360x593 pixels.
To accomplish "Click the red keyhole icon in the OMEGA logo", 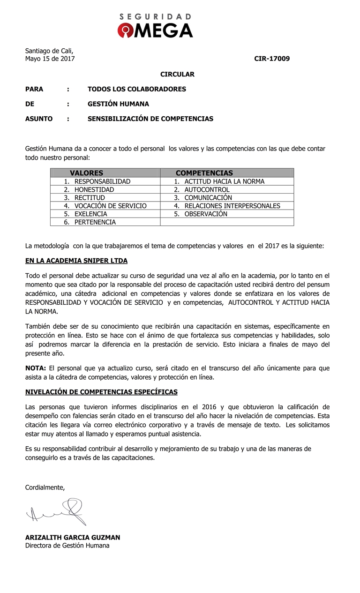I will click(x=125, y=30).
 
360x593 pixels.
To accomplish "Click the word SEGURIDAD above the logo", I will click(x=155, y=16).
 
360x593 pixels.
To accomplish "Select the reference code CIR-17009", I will click(x=272, y=59).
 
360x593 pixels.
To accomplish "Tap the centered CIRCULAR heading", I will click(x=177, y=74).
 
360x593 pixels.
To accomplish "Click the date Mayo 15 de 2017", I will click(x=50, y=59).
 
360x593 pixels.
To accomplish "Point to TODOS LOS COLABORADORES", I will click(x=136, y=89).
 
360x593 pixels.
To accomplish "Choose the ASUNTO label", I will click(x=39, y=119).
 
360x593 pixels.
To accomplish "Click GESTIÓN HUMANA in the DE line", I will click(x=118, y=104).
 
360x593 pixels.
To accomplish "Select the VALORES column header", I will click(x=86, y=173).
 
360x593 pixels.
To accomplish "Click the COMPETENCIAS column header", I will click(x=204, y=173).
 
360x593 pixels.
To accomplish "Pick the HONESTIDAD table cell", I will click(x=94, y=189).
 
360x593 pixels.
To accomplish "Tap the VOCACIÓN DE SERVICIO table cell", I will click(x=110, y=206).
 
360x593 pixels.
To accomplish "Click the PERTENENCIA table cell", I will click(x=95, y=222).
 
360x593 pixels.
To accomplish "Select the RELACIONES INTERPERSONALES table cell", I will click(x=232, y=206).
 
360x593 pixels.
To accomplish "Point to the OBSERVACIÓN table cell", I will click(x=205, y=214).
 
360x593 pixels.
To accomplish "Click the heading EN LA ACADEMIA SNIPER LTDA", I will click(x=76, y=261).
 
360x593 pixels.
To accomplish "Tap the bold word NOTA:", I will click(x=36, y=368).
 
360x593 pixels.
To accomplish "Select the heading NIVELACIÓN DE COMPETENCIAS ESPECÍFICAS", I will click(x=101, y=391).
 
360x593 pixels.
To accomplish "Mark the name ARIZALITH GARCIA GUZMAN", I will click(x=73, y=538).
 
